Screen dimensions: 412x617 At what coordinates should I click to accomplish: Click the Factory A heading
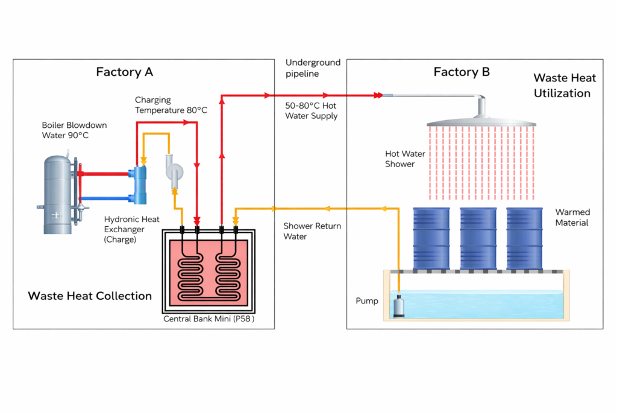point(125,72)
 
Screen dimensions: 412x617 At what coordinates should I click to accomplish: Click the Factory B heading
point(462,72)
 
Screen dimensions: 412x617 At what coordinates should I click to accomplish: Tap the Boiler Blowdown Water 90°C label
point(74,130)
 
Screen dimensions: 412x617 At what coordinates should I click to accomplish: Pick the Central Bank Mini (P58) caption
point(209,319)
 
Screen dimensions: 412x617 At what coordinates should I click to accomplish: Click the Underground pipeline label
point(313,68)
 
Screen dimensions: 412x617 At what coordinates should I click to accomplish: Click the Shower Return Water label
point(312,231)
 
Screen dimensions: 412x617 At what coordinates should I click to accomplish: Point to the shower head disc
point(481,121)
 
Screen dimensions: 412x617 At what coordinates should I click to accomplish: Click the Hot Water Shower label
point(405,159)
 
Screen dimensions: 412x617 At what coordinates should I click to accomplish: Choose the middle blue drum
point(478,238)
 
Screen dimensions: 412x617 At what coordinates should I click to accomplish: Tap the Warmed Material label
point(572,218)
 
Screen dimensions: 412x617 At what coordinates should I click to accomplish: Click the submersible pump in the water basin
point(399,305)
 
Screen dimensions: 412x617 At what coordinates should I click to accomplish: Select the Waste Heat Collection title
point(90,296)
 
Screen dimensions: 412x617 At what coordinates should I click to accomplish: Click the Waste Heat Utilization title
point(565,86)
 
